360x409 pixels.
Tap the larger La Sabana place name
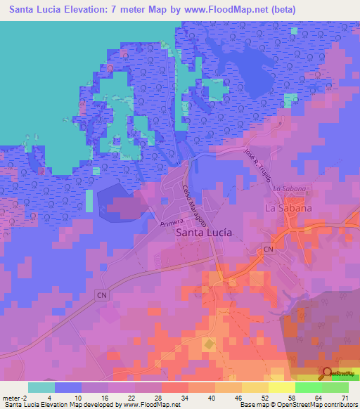(x=288, y=209)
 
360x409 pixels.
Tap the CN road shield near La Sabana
(x=267, y=249)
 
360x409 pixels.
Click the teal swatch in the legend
(x=41, y=387)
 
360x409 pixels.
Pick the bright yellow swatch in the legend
(x=281, y=387)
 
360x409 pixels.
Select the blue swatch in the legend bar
(x=68, y=387)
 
